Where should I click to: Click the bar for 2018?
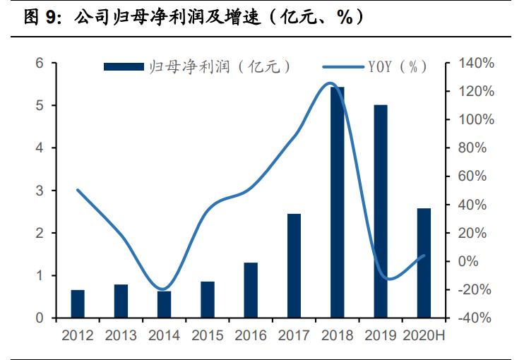pyautogui.click(x=338, y=203)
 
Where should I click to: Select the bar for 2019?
pyautogui.click(x=381, y=212)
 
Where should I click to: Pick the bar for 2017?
pyautogui.click(x=294, y=265)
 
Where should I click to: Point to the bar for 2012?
pyautogui.click(x=78, y=304)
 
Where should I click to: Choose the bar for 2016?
pyautogui.click(x=251, y=290)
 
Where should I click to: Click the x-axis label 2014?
pyautogui.click(x=164, y=335)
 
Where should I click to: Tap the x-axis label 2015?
pyautogui.click(x=207, y=335)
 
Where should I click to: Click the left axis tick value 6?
pyautogui.click(x=40, y=64)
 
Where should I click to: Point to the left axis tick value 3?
pyautogui.click(x=40, y=191)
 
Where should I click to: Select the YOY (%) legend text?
pyautogui.click(x=397, y=66)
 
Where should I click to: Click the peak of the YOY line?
pyautogui.click(x=329, y=83)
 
